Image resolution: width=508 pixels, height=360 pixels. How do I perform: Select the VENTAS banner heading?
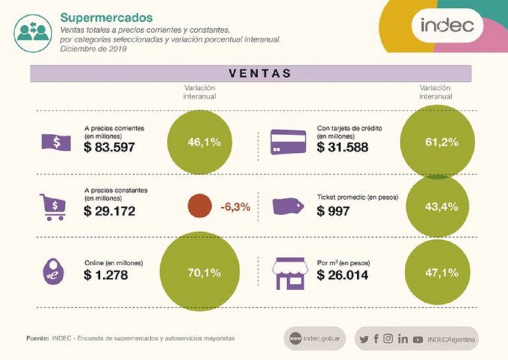point(260,73)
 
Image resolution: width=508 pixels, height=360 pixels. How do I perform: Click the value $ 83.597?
point(110,146)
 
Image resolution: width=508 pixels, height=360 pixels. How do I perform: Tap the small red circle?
point(199,206)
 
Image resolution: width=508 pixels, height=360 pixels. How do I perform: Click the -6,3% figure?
point(235,207)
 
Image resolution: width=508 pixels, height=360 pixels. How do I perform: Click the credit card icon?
point(288,142)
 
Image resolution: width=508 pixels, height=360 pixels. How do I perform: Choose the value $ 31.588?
point(342,146)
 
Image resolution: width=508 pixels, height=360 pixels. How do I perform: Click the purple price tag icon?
point(288,206)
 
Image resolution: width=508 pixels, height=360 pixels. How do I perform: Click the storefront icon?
point(288,272)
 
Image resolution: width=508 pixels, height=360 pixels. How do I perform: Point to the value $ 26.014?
point(342,275)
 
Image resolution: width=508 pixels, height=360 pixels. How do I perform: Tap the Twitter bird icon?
point(364,340)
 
